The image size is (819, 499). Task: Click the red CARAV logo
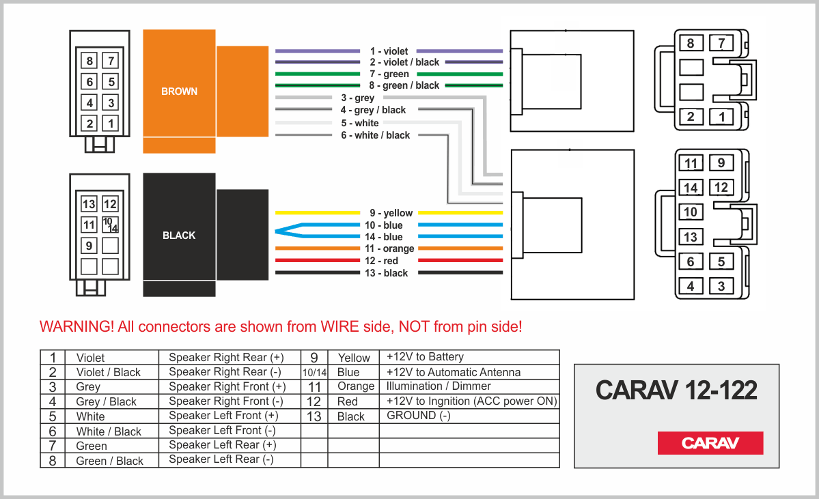pyautogui.click(x=710, y=443)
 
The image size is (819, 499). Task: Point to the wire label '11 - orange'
pyautogui.click(x=389, y=248)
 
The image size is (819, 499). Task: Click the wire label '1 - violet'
pyautogui.click(x=389, y=51)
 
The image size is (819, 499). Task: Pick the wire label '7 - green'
pyautogui.click(x=389, y=74)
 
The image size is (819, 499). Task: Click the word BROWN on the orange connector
pyautogui.click(x=179, y=91)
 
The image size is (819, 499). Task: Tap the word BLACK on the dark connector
pyautogui.click(x=179, y=236)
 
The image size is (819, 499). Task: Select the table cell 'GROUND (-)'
pyautogui.click(x=419, y=416)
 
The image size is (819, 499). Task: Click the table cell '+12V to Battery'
pyautogui.click(x=425, y=357)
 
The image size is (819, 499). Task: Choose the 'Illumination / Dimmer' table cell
pyautogui.click(x=439, y=386)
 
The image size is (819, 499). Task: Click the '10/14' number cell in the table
pyautogui.click(x=314, y=373)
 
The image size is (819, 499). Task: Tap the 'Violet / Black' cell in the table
pyautogui.click(x=108, y=373)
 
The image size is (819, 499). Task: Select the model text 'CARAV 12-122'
pyautogui.click(x=676, y=390)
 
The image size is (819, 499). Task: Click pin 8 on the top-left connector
pyautogui.click(x=89, y=61)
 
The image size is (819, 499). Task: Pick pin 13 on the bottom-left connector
pyautogui.click(x=89, y=204)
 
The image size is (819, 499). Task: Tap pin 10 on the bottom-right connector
pyautogui.click(x=691, y=212)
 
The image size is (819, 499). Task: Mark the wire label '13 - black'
pyautogui.click(x=386, y=273)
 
